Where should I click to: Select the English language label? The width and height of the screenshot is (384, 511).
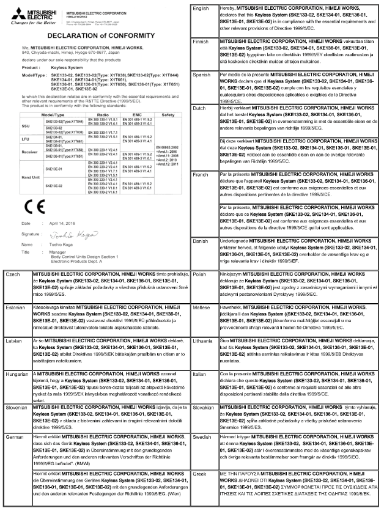pyautogui.click(x=202, y=7)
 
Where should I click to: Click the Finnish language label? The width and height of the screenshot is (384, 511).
pyautogui.click(x=202, y=39)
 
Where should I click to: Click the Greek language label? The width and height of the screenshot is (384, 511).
pyautogui.click(x=199, y=472)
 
